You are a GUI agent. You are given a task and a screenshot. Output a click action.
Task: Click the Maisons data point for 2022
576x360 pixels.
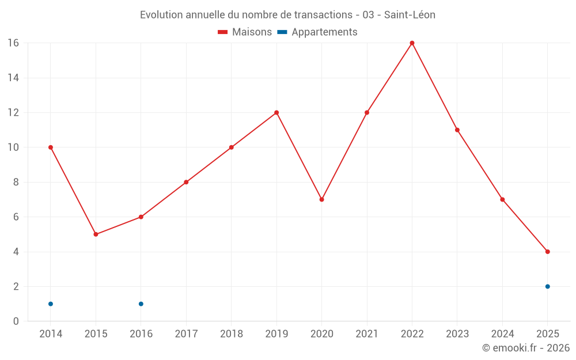click(412, 43)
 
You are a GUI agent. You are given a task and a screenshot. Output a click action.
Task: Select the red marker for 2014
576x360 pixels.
click(51, 147)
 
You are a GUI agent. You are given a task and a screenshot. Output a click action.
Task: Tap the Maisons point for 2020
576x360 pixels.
click(321, 199)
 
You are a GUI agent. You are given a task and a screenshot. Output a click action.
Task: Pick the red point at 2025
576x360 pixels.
click(547, 252)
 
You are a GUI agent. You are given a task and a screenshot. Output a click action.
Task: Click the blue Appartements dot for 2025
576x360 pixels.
click(547, 286)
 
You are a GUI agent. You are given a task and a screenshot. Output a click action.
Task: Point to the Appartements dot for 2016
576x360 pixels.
click(141, 304)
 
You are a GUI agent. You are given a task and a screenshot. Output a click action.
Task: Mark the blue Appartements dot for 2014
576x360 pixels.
click(51, 304)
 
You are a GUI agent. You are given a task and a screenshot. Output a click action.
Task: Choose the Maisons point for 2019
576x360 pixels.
click(276, 112)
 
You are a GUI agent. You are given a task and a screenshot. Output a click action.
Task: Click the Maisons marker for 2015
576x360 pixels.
click(96, 234)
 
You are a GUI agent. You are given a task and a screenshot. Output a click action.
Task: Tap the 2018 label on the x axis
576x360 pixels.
click(231, 334)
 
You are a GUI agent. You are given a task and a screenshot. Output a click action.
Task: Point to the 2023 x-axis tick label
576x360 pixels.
click(457, 334)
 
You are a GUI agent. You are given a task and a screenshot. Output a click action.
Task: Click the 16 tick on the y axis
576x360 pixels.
click(13, 43)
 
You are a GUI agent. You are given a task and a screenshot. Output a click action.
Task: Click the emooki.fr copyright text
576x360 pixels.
click(526, 348)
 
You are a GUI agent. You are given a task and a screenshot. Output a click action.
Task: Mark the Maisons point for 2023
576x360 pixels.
click(457, 130)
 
